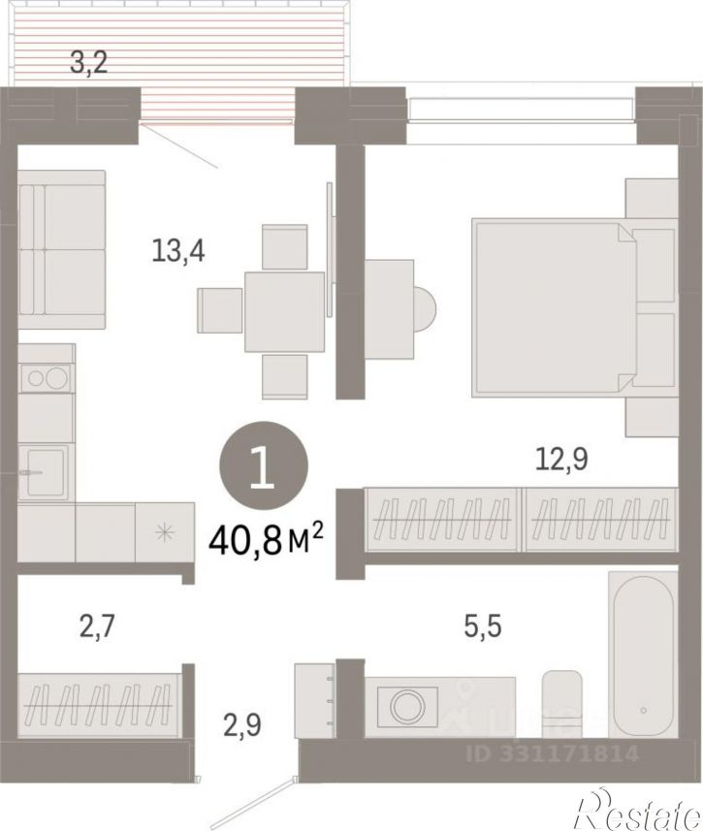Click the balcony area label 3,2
pyautogui.click(x=89, y=62)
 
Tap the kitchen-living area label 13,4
pyautogui.click(x=178, y=250)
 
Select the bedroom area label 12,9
pyautogui.click(x=561, y=459)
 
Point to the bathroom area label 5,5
pyautogui.click(x=483, y=625)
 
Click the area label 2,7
pyautogui.click(x=97, y=625)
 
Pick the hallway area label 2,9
pyautogui.click(x=241, y=724)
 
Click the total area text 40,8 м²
pyautogui.click(x=266, y=539)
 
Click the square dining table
pyautogui.click(x=284, y=311)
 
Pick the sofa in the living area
pyautogui.click(x=61, y=249)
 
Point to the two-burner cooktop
pyautogui.click(x=47, y=378)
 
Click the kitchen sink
pyautogui.click(x=44, y=471)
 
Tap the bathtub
pyautogui.click(x=643, y=655)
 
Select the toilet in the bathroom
pyautogui.click(x=562, y=704)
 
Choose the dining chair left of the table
pyautogui.click(x=219, y=310)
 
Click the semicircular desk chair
pyautogui.click(x=426, y=309)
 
